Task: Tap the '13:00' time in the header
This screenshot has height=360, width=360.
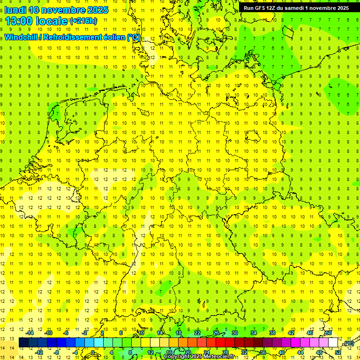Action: (x=18, y=21)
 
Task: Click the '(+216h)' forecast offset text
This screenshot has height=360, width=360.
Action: (x=83, y=21)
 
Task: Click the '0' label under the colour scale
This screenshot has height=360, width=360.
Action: (x=93, y=352)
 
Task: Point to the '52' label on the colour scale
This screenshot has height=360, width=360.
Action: (x=338, y=352)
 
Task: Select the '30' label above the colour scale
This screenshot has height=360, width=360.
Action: (x=235, y=333)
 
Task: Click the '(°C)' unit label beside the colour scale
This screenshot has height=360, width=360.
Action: (x=348, y=343)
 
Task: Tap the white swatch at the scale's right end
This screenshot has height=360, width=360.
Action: (x=333, y=343)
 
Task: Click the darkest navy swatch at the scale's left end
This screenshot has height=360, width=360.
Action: (x=23, y=343)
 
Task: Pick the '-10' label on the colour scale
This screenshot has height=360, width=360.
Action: (x=48, y=333)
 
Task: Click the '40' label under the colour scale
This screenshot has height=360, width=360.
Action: (x=281, y=352)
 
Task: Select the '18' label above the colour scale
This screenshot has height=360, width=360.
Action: (x=179, y=333)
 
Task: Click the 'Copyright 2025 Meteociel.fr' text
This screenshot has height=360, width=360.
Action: (x=199, y=357)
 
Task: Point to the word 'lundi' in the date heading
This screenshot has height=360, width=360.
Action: (x=15, y=10)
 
